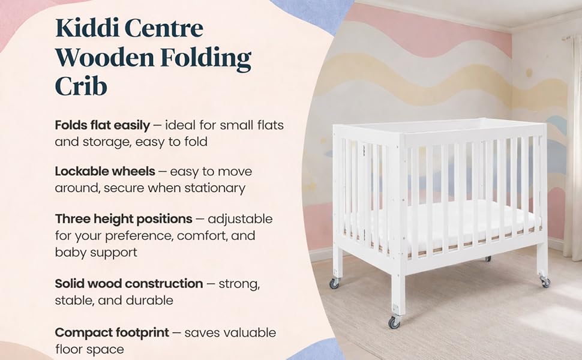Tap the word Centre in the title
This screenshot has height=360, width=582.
pyautogui.click(x=164, y=28)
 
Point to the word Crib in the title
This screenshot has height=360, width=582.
pyautogui.click(x=81, y=86)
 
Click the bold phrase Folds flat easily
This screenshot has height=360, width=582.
pyautogui.click(x=103, y=126)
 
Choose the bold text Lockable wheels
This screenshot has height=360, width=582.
pyautogui.click(x=105, y=171)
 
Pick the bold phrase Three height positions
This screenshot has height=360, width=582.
pyautogui.click(x=124, y=220)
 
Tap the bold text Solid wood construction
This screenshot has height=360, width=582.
pyautogui.click(x=129, y=284)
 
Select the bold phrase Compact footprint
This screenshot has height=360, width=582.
pyautogui.click(x=112, y=333)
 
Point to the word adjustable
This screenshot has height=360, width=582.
pyautogui.click(x=240, y=220)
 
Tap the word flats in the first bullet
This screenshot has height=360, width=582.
pyautogui.click(x=270, y=125)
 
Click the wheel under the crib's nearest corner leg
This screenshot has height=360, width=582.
pyautogui.click(x=394, y=322)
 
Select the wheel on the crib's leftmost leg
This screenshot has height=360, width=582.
pyautogui.click(x=334, y=284)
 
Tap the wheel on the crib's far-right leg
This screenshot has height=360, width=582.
pyautogui.click(x=545, y=282)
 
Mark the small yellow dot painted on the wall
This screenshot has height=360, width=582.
pyautogui.click(x=529, y=73)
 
